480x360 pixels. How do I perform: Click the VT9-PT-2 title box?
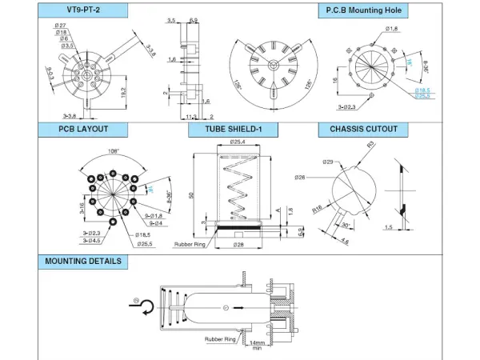(82, 10)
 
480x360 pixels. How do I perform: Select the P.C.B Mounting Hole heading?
(362, 10)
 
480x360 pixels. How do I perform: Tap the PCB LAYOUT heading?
(82, 129)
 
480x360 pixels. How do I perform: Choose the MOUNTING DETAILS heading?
(82, 261)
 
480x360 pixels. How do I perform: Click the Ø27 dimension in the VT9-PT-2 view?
(61, 26)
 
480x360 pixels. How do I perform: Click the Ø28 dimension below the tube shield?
(238, 244)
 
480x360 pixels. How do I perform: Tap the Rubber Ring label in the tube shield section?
(190, 244)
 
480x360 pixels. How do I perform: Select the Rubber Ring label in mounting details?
(219, 338)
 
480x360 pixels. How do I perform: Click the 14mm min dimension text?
(256, 345)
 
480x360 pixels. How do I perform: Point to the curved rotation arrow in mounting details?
(138, 306)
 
